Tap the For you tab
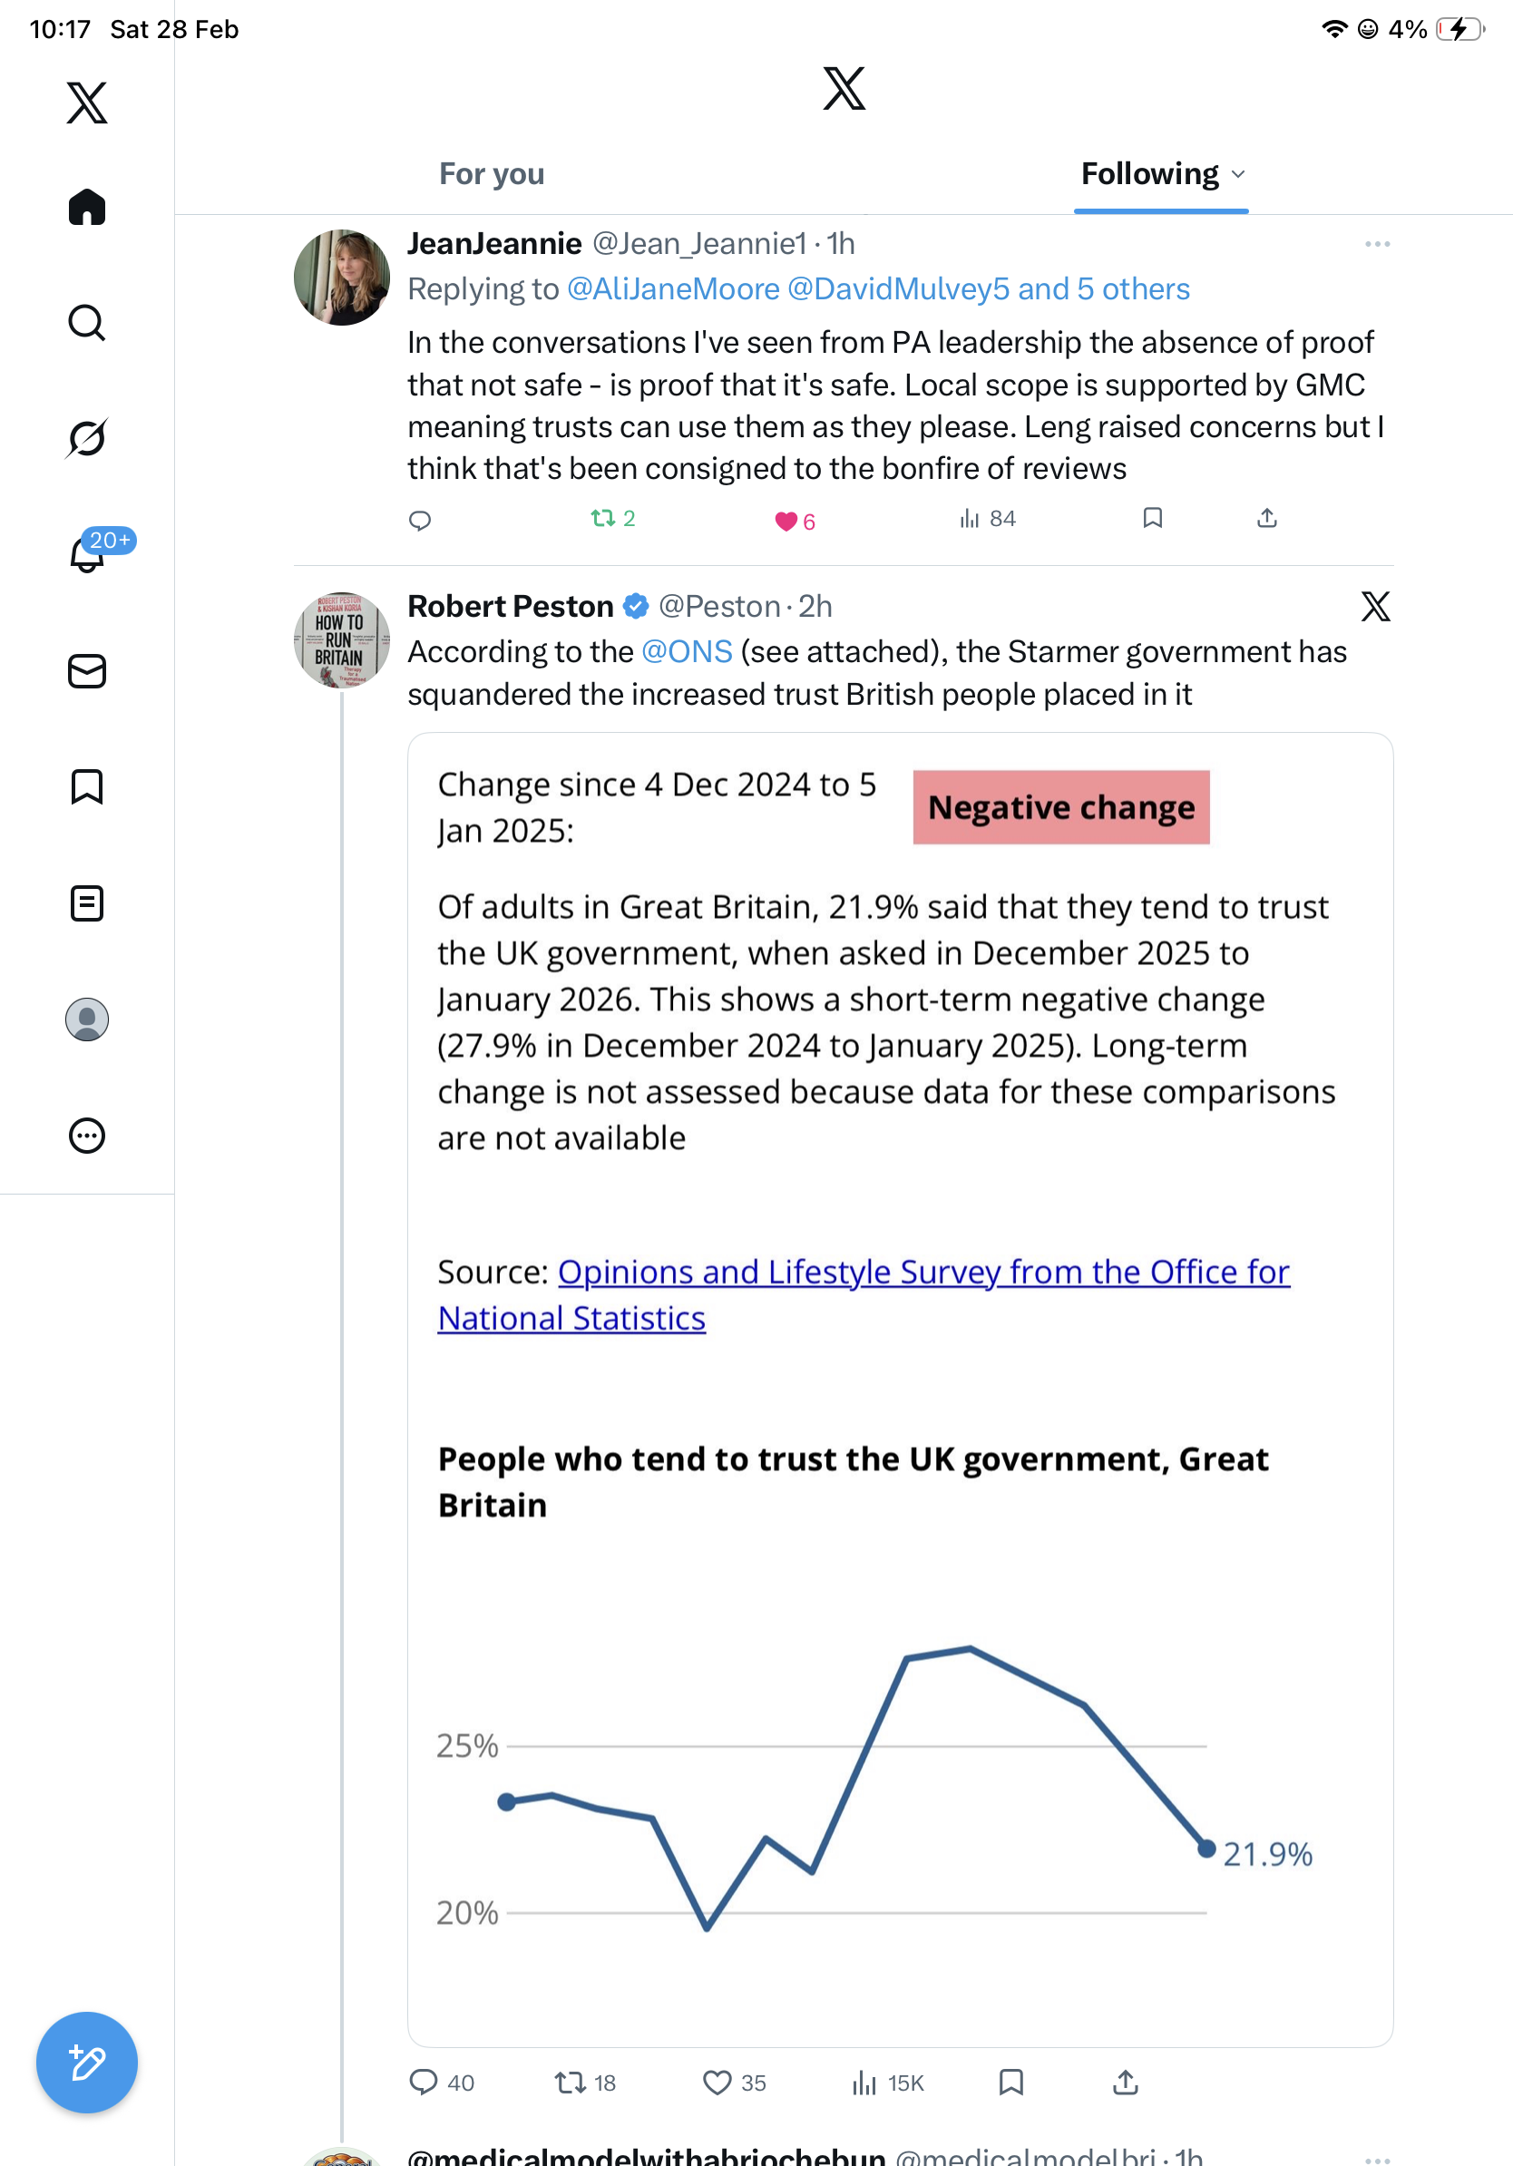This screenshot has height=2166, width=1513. coord(492,173)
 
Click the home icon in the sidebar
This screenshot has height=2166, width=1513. coord(87,207)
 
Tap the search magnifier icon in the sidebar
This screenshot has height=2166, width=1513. coord(87,323)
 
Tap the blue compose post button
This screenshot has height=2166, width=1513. coord(87,2063)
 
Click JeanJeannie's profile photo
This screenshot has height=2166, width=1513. coord(341,278)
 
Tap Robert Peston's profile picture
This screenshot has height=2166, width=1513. coord(341,639)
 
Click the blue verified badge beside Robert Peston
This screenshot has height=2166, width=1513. coord(637,607)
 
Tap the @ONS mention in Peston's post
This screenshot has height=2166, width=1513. coord(687,652)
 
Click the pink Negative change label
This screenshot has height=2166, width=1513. coord(1060,807)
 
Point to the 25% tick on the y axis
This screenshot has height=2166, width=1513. coord(467,1746)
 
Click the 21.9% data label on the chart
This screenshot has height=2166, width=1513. coord(1268,1855)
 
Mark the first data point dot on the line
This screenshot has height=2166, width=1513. coord(506,1802)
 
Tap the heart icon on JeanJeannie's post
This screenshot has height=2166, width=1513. coord(785,521)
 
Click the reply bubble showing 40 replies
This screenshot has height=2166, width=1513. coord(424,2082)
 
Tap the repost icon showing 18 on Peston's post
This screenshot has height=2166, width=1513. coord(571,2082)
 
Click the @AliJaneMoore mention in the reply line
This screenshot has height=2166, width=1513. coord(672,288)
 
